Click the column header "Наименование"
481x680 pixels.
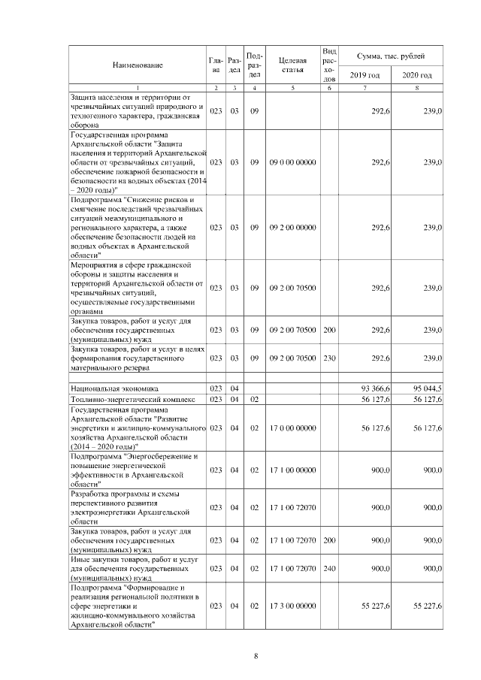138,65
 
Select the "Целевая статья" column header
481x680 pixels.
292,65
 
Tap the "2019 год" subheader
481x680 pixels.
365,75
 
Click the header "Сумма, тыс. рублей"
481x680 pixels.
391,56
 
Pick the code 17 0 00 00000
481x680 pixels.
292,428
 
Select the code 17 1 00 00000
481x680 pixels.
292,470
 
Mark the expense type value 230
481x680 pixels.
328,358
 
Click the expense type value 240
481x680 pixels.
328,570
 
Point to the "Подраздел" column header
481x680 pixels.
254,65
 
